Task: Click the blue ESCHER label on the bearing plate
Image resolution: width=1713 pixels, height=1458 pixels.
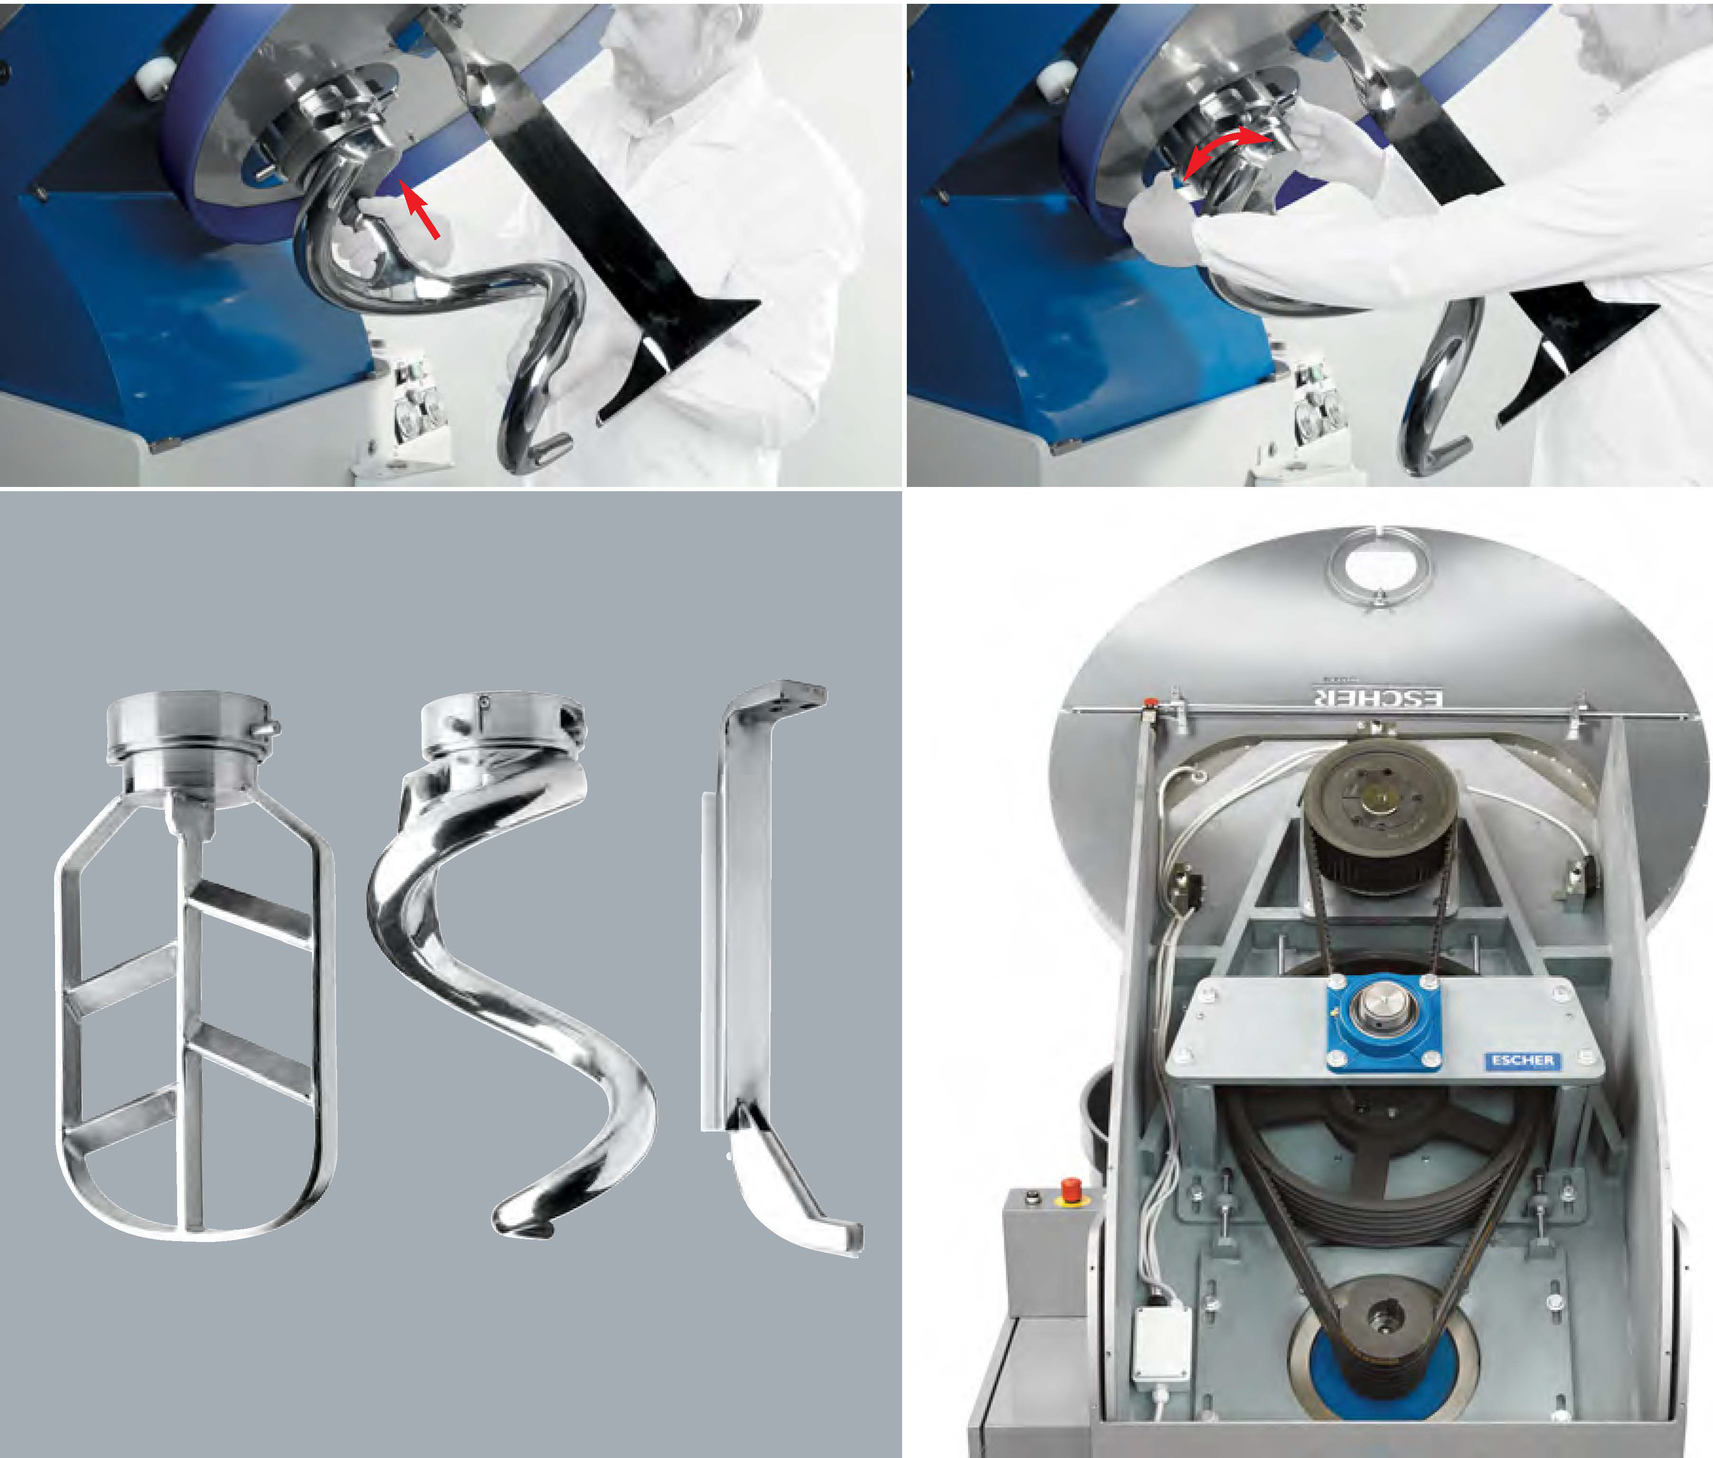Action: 1522,1060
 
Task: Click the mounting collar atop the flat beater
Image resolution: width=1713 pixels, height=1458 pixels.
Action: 192,748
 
